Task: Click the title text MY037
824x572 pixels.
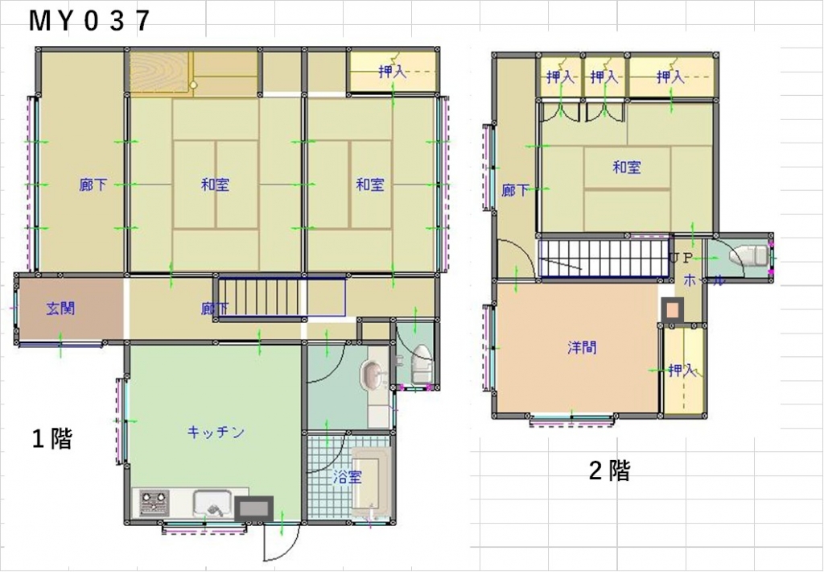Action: (89, 21)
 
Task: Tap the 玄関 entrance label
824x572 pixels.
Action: (60, 309)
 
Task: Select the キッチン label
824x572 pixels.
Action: (216, 433)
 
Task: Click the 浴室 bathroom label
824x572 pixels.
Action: (348, 478)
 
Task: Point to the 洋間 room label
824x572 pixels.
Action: (582, 347)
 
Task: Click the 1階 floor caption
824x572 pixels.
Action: (52, 439)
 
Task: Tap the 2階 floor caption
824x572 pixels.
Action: (610, 470)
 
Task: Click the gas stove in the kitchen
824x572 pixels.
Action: (154, 503)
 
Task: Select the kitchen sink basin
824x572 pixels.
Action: (212, 504)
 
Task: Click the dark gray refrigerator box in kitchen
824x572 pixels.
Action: (253, 509)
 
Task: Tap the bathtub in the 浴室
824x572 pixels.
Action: (371, 482)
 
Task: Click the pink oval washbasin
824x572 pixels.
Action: (373, 375)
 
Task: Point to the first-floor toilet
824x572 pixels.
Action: (421, 364)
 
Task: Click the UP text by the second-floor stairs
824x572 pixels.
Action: (682, 259)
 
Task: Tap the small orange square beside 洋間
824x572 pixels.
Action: (672, 310)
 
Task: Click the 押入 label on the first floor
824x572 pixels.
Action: (393, 72)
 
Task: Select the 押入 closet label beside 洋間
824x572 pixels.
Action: (682, 371)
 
